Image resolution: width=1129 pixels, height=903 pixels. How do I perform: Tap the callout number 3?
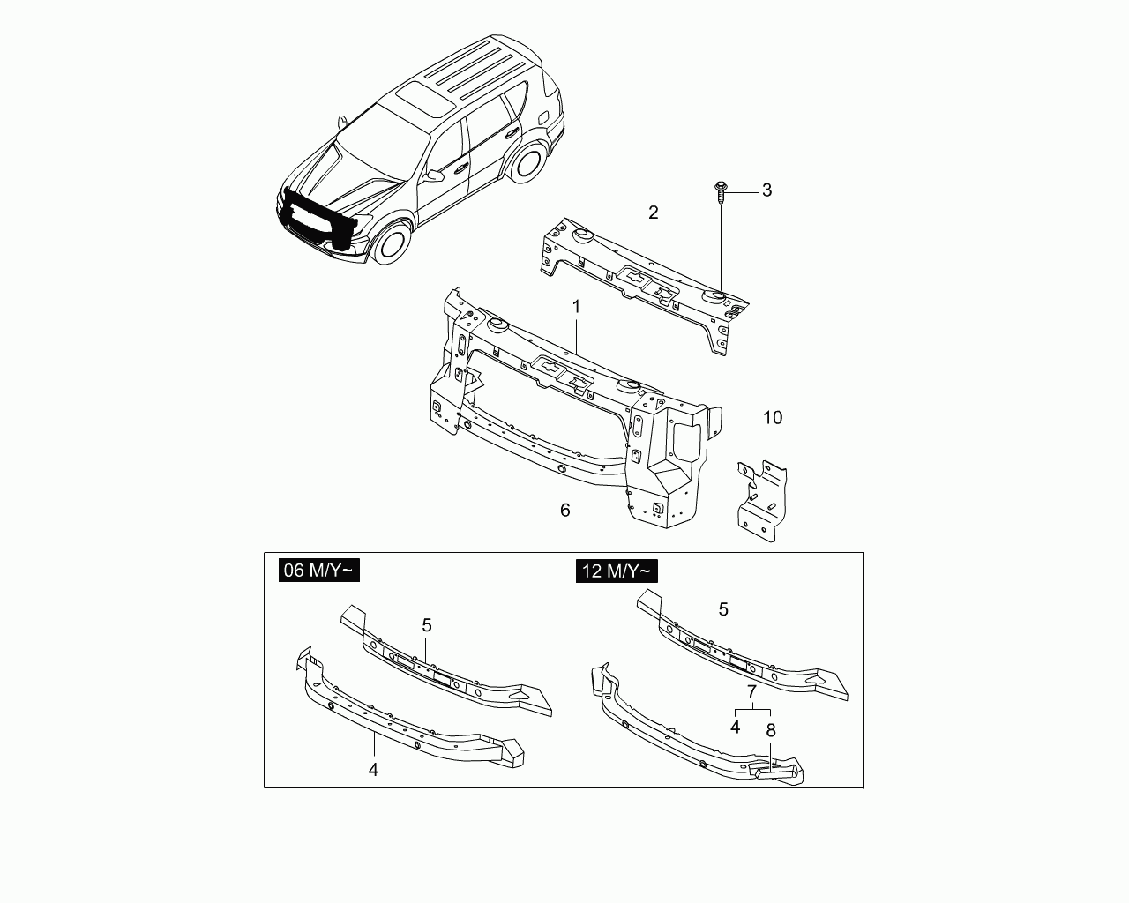click(767, 190)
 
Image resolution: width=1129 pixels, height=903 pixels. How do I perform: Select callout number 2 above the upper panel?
click(654, 213)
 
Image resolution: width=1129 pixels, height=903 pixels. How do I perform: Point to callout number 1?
click(577, 307)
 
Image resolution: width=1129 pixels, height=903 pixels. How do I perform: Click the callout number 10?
click(773, 418)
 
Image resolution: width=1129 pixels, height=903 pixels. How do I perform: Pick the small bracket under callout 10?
click(762, 501)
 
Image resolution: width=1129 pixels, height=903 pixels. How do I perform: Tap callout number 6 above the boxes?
click(565, 510)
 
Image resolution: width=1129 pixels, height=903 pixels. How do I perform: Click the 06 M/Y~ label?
click(319, 571)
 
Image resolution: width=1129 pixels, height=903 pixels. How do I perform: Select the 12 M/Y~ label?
click(617, 571)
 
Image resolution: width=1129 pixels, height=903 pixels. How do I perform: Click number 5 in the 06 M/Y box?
click(427, 625)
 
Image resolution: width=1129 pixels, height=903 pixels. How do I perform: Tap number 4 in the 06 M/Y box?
click(373, 770)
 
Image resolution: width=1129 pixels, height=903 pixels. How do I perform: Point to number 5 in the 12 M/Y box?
click(723, 609)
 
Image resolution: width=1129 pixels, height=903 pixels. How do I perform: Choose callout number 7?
click(751, 692)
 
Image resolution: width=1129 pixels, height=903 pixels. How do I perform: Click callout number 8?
click(771, 730)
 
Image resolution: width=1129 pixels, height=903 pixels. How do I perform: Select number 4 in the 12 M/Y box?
click(736, 728)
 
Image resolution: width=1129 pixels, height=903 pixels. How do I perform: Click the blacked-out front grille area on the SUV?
click(318, 217)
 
